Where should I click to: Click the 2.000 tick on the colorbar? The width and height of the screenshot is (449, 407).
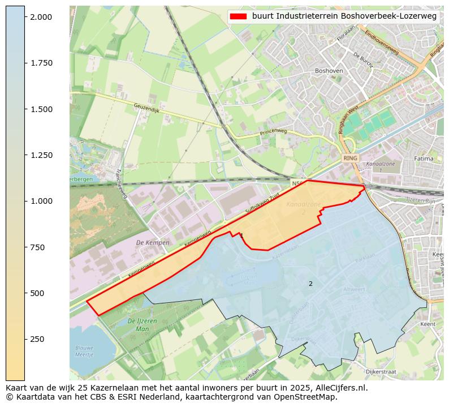[x=41, y=17]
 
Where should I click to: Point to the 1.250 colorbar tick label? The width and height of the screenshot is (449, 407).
[x=41, y=155]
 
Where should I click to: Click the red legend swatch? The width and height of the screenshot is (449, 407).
[x=238, y=16]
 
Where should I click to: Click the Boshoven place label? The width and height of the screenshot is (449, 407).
[x=329, y=71]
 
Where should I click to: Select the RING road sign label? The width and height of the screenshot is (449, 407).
[x=350, y=158]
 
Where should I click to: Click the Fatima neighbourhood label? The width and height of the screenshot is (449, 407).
[x=423, y=159]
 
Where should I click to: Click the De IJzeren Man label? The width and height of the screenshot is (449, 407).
[x=139, y=324]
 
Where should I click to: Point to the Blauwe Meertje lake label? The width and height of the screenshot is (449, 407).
[x=85, y=352]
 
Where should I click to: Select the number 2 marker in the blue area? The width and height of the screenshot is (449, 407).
[x=310, y=284]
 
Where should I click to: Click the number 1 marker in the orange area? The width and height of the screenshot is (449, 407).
[x=241, y=235]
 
